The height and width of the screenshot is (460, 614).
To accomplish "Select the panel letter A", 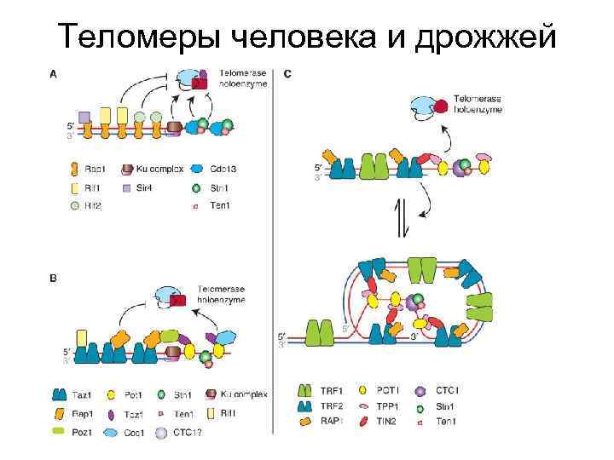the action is click(x=54, y=73).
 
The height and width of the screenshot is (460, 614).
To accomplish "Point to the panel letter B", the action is click(x=54, y=278).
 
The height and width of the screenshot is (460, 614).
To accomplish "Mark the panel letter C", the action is click(x=287, y=73).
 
